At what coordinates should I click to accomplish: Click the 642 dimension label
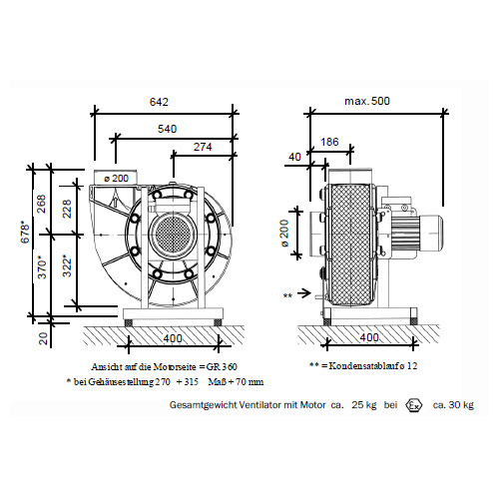pos(159,102)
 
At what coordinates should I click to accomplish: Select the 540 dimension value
pos(167,129)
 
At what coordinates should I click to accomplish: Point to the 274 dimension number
pos(203,147)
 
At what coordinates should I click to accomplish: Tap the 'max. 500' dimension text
pos(367,101)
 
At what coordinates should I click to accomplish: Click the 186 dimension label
pos(329,142)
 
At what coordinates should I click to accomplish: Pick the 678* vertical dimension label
pos(26,232)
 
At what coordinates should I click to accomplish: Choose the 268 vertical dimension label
pos(41,205)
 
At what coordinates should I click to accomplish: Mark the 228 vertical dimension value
pos(67,209)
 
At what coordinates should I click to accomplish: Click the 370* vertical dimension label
pos(42,266)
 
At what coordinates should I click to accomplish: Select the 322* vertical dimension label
pos(67,265)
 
